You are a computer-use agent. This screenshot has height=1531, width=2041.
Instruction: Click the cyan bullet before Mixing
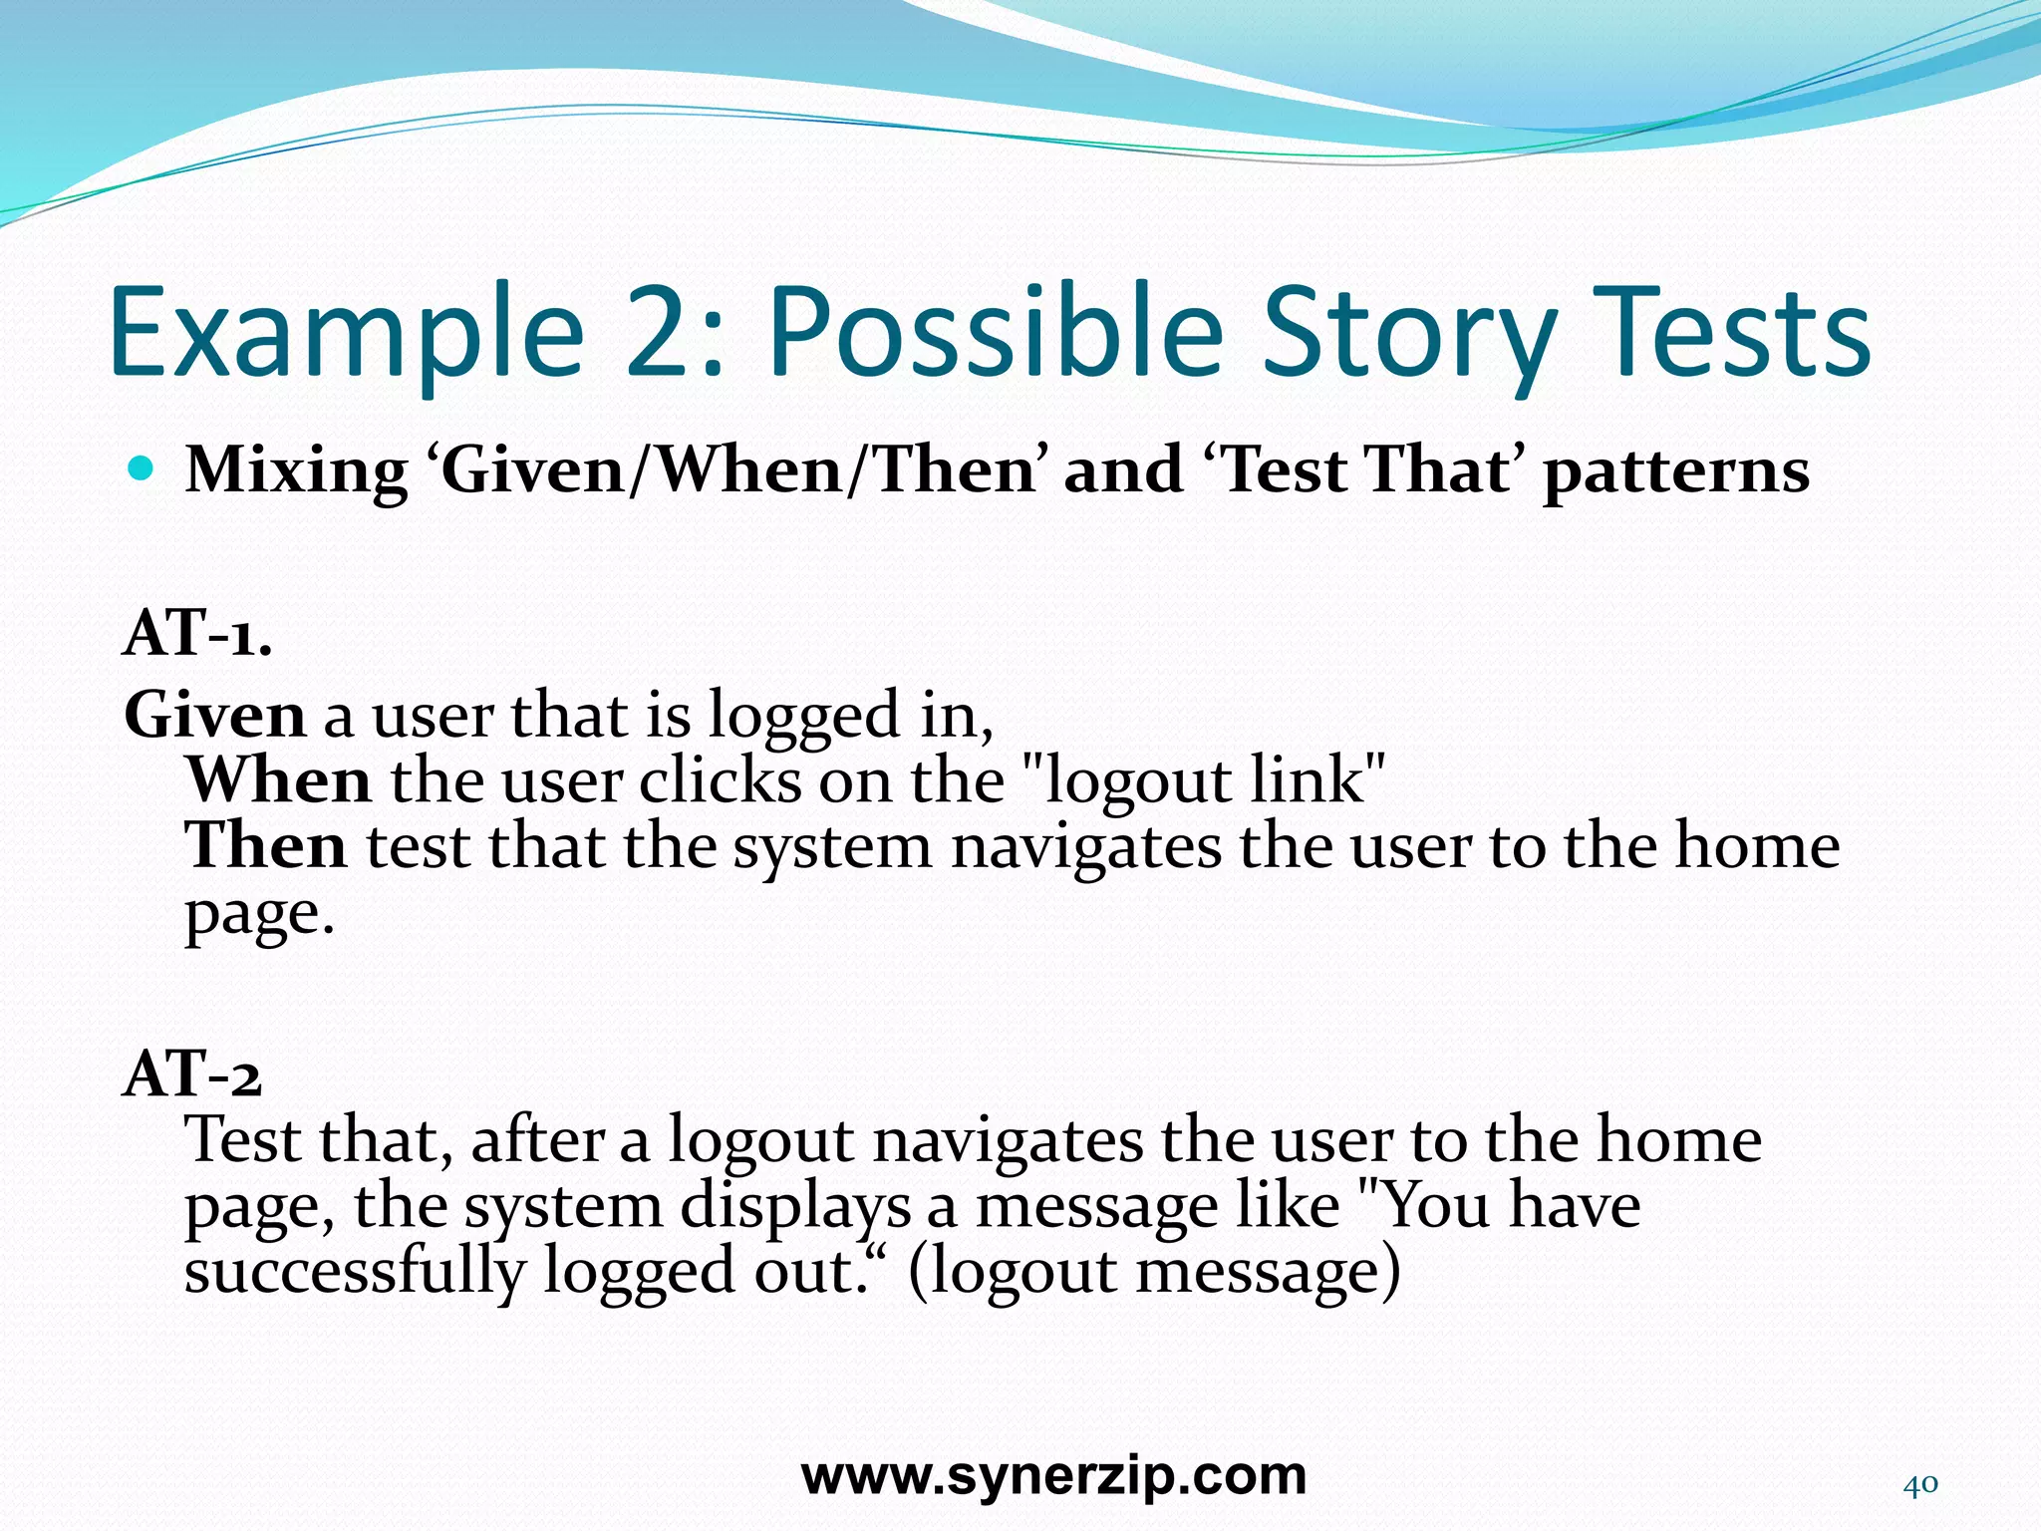click(x=142, y=467)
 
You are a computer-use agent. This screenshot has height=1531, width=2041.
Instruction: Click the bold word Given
click(x=214, y=716)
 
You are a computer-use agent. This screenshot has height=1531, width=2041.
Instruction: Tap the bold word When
click(x=278, y=780)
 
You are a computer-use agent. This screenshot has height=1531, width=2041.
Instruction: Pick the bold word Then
click(x=266, y=846)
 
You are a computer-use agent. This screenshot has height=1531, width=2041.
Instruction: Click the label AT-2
click(x=192, y=1074)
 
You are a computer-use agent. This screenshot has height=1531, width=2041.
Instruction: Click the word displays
click(x=795, y=1206)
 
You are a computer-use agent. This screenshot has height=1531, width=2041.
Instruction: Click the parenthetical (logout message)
click(x=1154, y=1272)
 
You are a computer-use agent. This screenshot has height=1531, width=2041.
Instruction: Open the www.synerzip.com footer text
click(x=1053, y=1476)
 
